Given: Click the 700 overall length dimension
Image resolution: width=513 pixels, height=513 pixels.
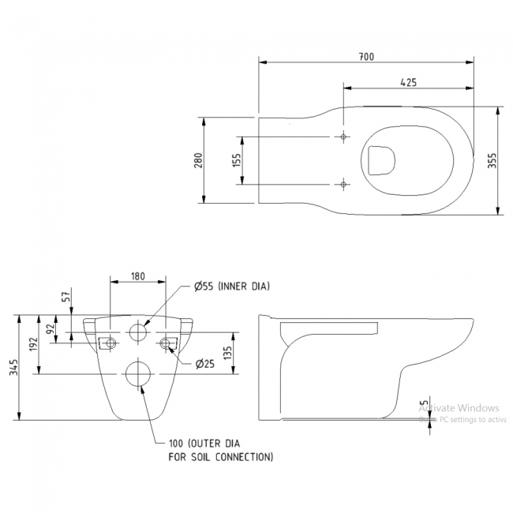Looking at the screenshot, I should [365, 56].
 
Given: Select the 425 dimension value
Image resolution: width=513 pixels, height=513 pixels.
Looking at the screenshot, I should [408, 82].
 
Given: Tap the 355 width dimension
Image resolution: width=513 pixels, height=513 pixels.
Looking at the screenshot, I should [491, 160].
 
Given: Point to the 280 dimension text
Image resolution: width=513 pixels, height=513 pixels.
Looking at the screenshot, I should [199, 160].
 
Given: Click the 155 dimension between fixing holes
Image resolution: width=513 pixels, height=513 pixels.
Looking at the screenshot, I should [237, 160].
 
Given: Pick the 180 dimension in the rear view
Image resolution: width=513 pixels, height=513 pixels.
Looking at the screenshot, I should [137, 276].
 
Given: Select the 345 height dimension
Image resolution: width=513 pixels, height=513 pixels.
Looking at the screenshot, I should [13, 368].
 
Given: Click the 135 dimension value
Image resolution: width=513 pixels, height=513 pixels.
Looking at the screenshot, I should [227, 352].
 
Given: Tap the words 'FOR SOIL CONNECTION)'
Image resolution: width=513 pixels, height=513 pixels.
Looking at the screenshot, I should [221, 457].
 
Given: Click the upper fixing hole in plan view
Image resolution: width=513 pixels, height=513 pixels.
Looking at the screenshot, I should [343, 137].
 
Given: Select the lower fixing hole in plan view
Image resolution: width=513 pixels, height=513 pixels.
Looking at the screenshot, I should [343, 185].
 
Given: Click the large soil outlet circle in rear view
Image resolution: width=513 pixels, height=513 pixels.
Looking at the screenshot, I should [138, 374].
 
